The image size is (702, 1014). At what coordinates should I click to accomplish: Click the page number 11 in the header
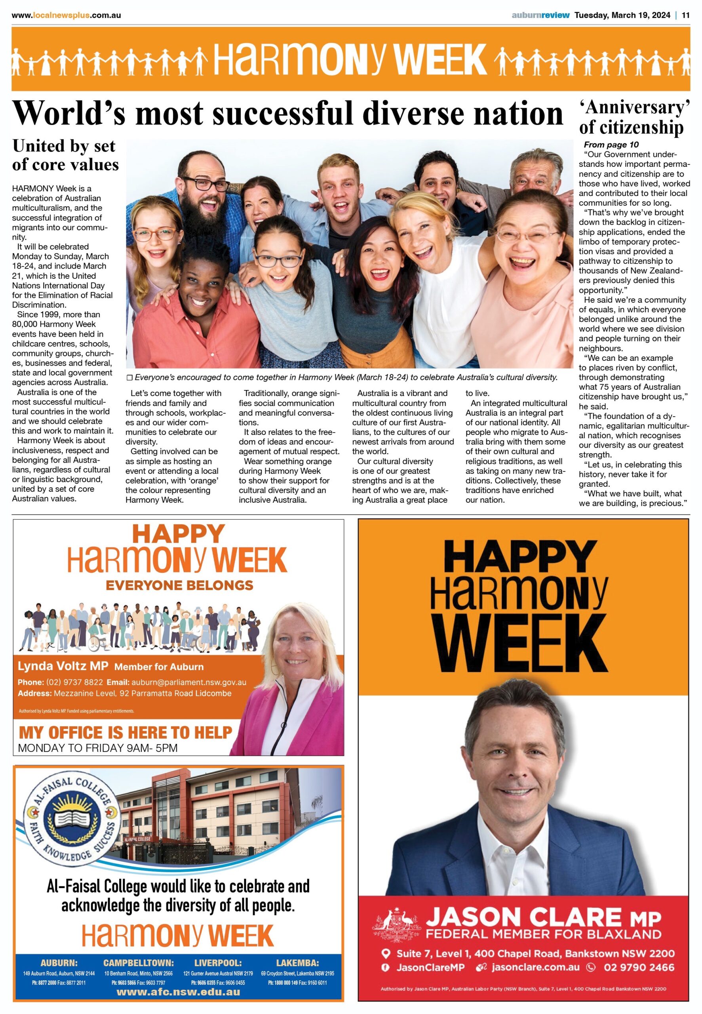(685, 15)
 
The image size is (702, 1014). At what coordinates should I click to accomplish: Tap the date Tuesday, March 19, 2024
(622, 15)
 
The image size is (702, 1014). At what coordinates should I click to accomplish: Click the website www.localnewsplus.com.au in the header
(66, 15)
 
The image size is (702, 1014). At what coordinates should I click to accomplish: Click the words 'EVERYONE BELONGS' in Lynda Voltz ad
(179, 585)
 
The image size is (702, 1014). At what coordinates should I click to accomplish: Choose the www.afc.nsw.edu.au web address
(178, 992)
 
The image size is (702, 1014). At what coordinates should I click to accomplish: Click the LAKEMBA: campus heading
(297, 963)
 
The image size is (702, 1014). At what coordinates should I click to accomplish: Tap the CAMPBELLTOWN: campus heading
(139, 963)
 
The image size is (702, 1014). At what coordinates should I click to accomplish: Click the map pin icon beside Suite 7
(386, 954)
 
